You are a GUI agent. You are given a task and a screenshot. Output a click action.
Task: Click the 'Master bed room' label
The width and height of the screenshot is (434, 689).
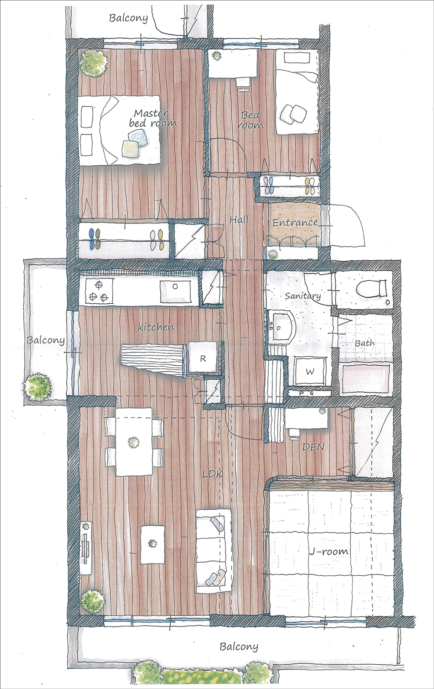(153, 118)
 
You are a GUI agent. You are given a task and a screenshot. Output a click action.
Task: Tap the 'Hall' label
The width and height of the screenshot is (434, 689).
(239, 220)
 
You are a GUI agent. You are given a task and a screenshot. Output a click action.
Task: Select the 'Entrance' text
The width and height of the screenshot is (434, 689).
(295, 223)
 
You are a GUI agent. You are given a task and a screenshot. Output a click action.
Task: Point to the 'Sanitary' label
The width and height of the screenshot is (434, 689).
(302, 296)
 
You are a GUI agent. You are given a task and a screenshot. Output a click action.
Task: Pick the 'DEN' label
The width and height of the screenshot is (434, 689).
(313, 447)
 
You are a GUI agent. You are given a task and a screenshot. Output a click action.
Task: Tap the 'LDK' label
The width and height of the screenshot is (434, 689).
(212, 474)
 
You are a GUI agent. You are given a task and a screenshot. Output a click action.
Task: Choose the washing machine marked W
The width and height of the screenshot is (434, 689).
(310, 371)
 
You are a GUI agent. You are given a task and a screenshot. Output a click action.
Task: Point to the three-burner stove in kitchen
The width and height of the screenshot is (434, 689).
(99, 291)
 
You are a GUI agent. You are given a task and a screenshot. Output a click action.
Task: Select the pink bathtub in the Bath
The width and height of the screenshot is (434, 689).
(365, 380)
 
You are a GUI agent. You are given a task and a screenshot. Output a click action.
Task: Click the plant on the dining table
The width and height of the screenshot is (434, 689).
(133, 443)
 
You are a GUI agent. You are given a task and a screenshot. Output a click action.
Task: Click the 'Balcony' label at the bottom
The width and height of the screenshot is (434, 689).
(239, 638)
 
